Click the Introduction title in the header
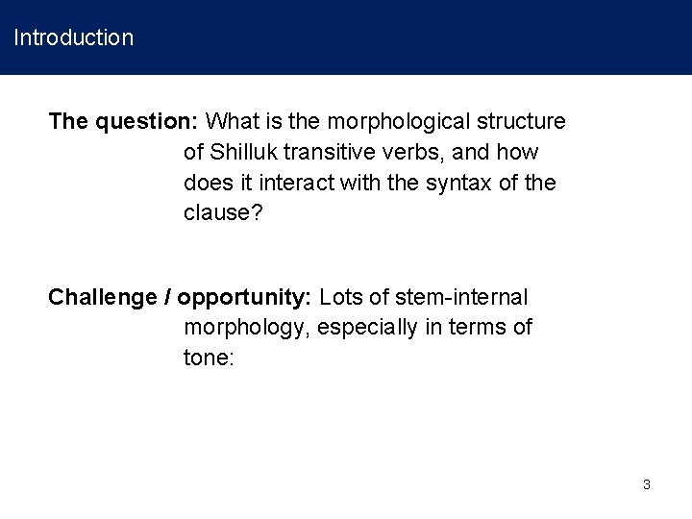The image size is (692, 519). coord(73,38)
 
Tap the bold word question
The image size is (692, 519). coord(144,122)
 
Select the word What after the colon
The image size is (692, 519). coord(230,122)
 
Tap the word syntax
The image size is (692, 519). coord(432,183)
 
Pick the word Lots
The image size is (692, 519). coord(342,297)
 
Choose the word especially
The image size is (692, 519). coord(361,328)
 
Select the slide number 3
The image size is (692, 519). coord(646,484)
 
